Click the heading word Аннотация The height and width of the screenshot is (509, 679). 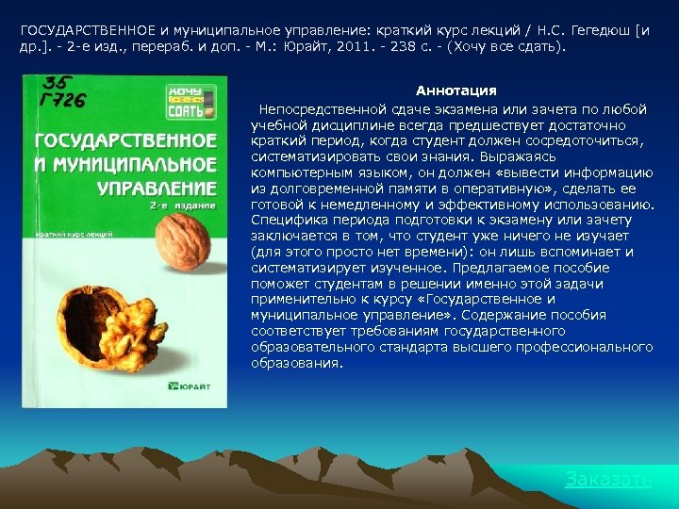point(455,90)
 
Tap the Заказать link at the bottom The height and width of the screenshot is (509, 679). point(608,479)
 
